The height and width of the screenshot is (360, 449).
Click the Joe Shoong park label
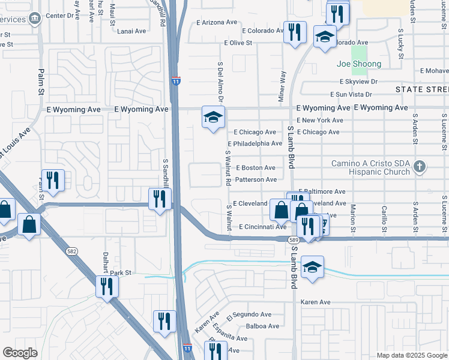pos(359,64)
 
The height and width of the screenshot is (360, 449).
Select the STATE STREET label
pos(422,89)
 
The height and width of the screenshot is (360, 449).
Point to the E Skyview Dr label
pos(358,81)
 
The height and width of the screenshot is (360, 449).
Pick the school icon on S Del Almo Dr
pos(213,118)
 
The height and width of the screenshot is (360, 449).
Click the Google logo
pos(20,353)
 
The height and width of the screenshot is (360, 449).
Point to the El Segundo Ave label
pos(249,314)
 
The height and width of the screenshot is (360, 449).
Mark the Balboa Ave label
pos(263,326)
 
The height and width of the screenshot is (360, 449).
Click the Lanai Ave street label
pos(132,31)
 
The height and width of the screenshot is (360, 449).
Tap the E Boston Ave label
pos(255,168)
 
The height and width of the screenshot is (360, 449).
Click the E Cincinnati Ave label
pos(262,227)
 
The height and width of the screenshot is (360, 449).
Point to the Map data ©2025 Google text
pos(411,355)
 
